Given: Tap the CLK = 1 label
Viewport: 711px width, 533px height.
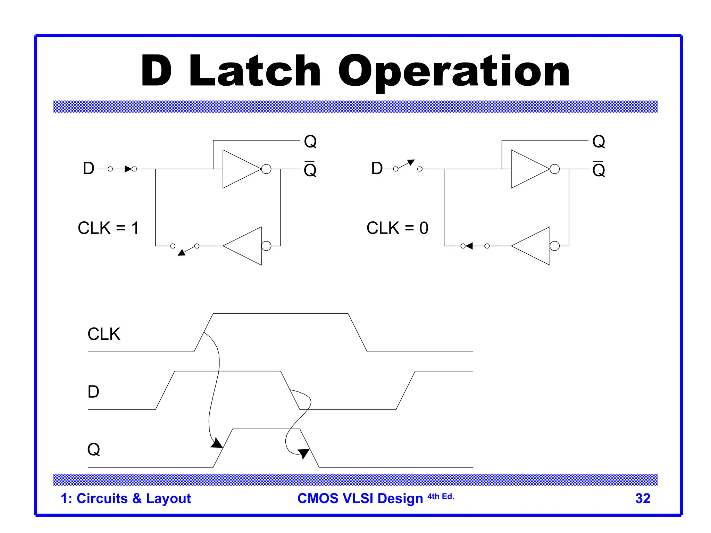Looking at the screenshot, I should (x=108, y=228).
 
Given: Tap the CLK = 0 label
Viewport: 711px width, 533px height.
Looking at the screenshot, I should (x=397, y=228).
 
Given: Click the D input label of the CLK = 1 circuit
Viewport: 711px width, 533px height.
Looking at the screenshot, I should (x=89, y=169).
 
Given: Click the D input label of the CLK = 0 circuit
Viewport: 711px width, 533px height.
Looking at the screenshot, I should (x=377, y=169).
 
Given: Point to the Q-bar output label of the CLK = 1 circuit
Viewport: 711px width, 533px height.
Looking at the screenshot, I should (x=310, y=170).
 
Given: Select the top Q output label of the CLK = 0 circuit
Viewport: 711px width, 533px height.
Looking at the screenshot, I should (x=599, y=141).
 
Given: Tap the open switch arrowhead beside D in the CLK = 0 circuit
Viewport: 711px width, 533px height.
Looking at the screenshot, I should (x=411, y=162).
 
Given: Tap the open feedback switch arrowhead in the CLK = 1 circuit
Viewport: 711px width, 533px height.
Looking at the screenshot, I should (x=182, y=252).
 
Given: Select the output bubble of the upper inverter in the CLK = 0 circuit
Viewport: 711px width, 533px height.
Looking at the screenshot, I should (x=555, y=169).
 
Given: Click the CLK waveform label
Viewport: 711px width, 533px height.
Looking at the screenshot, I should (x=104, y=334).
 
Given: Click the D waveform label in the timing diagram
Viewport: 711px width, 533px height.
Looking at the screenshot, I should (x=93, y=392).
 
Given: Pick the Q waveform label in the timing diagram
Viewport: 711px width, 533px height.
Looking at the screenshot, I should (x=93, y=449).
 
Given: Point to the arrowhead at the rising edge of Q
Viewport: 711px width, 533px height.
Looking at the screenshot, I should (x=217, y=443).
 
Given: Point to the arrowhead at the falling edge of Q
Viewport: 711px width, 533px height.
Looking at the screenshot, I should (x=303, y=453).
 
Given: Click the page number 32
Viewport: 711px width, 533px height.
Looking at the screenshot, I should (x=643, y=498).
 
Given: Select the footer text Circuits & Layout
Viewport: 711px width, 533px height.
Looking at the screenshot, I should (x=134, y=498).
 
